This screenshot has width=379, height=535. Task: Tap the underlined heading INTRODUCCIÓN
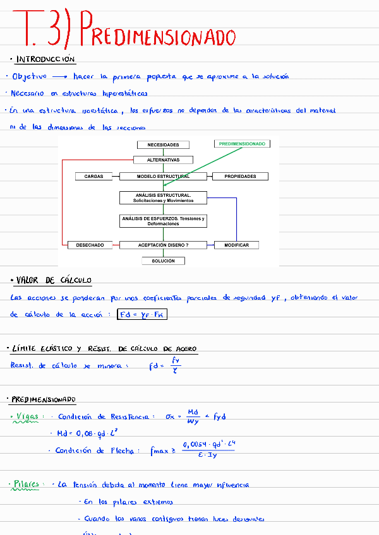pos(45,60)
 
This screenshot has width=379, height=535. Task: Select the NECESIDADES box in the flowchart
pos(163,144)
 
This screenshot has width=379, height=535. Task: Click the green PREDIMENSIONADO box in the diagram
pos(242,144)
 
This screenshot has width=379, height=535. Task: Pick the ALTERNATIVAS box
pos(163,160)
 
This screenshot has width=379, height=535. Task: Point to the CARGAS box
pos(93,177)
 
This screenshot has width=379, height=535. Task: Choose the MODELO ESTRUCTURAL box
pos(163,177)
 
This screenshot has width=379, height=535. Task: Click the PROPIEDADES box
pos(240,177)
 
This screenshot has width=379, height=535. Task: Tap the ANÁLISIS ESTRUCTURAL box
pos(163,198)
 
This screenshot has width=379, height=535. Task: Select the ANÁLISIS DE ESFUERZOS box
pos(163,221)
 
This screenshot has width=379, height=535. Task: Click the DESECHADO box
pos(85,245)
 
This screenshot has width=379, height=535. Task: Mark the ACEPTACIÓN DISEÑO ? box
pos(163,245)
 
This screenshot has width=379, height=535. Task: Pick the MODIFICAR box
pos(236,245)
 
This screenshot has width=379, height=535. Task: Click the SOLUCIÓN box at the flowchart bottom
pos(163,261)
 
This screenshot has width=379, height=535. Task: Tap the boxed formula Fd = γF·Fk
pos(142,314)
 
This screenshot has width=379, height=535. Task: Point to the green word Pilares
pos(27,485)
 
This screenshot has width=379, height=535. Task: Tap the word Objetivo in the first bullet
pos(30,76)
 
